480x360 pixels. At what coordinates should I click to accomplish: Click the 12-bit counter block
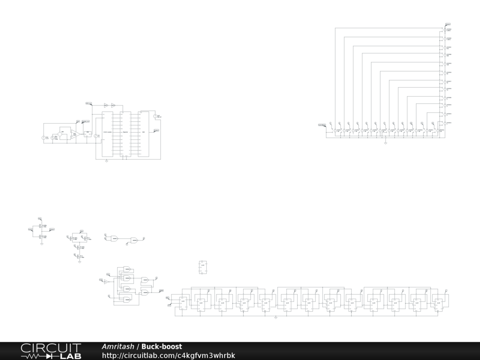(x=107, y=133)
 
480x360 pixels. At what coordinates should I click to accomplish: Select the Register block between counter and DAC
(x=125, y=133)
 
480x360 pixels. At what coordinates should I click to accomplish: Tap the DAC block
(x=143, y=132)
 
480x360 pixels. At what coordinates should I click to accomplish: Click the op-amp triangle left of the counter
(x=74, y=134)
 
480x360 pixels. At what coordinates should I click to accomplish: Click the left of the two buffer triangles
(x=106, y=105)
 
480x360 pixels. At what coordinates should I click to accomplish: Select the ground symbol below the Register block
(x=107, y=161)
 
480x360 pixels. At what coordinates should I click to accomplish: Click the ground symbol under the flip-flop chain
(x=276, y=317)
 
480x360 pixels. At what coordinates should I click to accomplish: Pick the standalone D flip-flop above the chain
(x=203, y=266)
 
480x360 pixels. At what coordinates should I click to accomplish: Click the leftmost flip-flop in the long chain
(x=182, y=303)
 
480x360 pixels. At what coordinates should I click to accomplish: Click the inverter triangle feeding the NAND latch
(x=106, y=282)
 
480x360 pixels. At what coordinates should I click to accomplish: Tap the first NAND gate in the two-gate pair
(x=114, y=238)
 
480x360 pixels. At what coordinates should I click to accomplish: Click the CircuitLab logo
(x=51, y=351)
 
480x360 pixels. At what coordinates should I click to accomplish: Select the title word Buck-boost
(x=162, y=346)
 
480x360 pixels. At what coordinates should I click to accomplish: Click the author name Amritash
(x=118, y=346)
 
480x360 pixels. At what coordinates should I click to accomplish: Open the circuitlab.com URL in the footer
(x=168, y=355)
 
